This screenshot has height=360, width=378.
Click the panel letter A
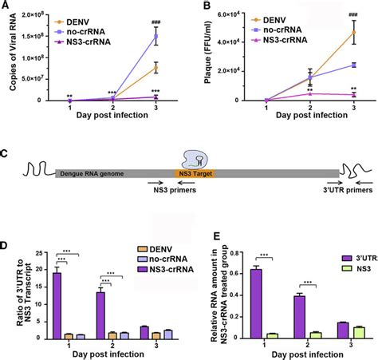click(6, 6)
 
